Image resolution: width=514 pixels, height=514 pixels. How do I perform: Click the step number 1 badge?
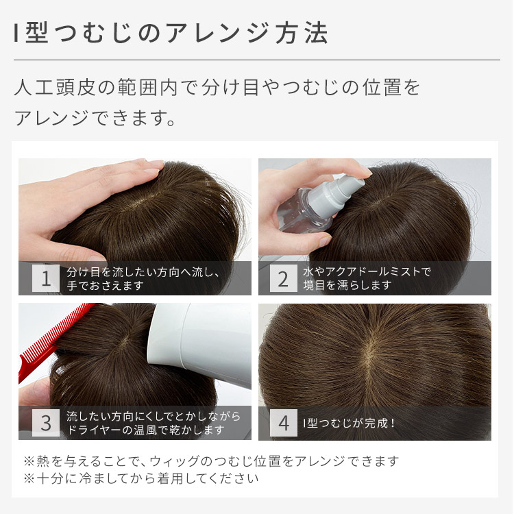(46, 278)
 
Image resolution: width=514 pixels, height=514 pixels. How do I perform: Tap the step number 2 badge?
(283, 278)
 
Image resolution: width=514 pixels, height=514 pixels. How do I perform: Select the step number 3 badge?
(46, 423)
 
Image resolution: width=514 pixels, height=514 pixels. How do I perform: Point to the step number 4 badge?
(283, 423)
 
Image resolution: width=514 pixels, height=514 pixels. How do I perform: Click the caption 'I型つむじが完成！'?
(350, 423)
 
